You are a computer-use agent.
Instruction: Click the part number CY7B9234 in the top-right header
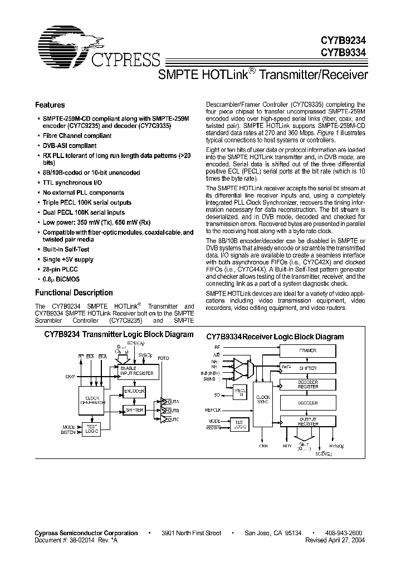344,42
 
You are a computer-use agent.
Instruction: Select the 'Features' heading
50,105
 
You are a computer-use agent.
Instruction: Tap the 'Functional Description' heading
74,293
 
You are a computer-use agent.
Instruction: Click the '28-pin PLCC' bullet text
61,269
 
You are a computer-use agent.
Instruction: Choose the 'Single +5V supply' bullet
69,259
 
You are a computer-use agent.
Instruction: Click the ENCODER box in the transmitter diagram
134,392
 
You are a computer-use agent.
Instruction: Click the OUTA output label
173,401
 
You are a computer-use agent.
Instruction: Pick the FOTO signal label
163,358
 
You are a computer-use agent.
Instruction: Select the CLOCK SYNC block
262,400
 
